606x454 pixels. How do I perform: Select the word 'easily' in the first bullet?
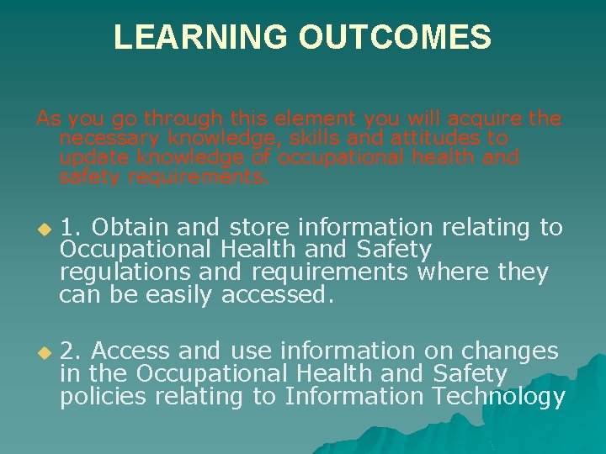click(180, 295)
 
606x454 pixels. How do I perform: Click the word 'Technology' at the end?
click(497, 397)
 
